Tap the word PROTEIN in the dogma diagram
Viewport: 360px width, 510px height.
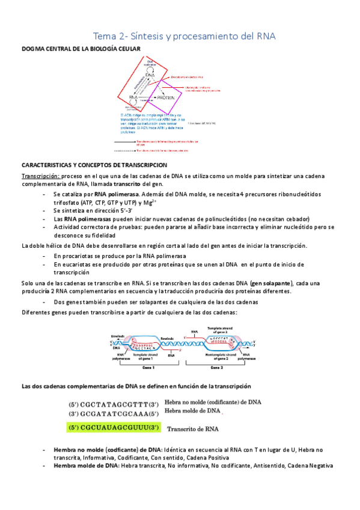[x=165, y=97]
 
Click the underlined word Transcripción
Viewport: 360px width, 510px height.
[x=40, y=176]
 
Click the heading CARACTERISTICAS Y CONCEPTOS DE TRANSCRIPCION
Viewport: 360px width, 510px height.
[x=94, y=165]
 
